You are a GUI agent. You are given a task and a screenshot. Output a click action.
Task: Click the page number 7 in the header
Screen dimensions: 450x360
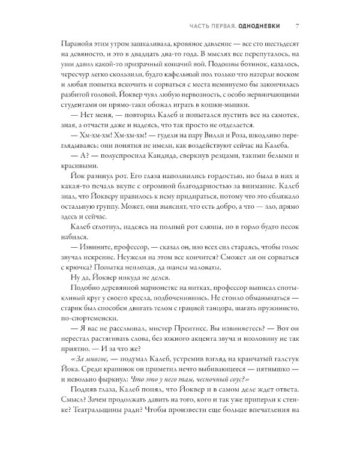(298, 26)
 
